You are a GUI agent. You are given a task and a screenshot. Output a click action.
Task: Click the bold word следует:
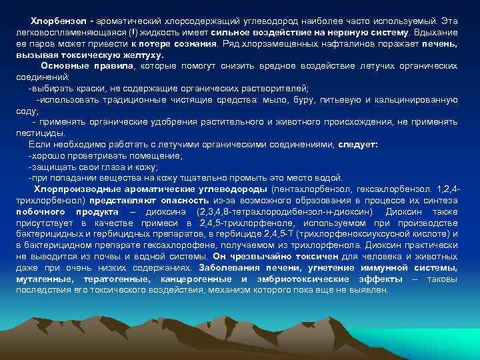358,144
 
